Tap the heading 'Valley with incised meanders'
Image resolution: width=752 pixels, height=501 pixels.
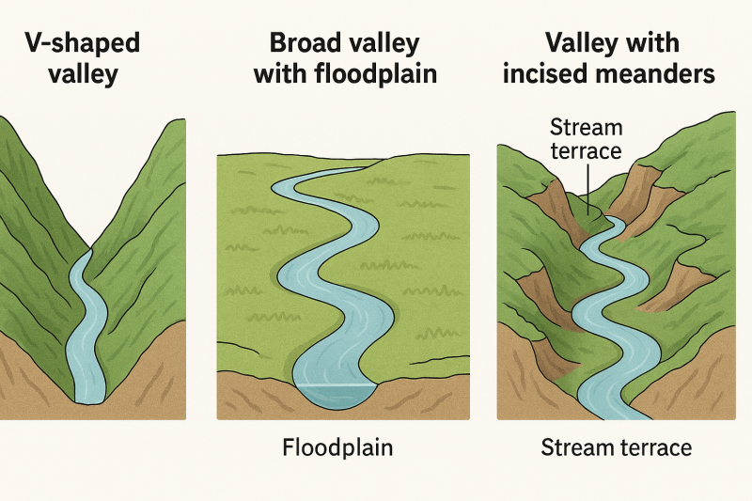(610, 58)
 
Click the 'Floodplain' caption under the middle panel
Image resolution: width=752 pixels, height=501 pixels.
(338, 447)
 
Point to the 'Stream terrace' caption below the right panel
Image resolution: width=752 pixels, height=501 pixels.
(616, 447)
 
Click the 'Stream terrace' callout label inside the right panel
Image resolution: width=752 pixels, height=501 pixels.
(586, 138)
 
